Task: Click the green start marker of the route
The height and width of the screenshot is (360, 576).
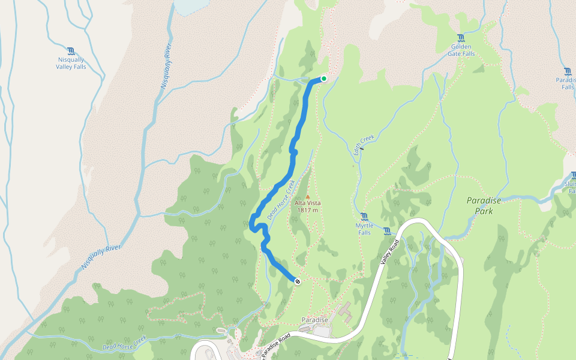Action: tap(324, 78)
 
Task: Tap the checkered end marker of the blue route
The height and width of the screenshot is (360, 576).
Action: tap(298, 280)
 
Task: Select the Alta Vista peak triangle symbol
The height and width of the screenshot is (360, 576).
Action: tap(308, 196)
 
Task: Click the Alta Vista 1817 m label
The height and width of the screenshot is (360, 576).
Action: tap(307, 206)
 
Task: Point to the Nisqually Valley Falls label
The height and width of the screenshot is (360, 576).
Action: tap(71, 63)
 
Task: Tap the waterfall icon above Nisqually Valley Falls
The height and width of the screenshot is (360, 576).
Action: tap(71, 51)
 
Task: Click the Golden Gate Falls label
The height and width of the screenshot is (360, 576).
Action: tap(461, 50)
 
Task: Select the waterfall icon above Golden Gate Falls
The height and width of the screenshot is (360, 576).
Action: tap(461, 38)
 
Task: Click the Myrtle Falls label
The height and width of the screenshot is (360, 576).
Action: tap(364, 229)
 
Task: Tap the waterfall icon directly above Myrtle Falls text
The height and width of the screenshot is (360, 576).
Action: tap(364, 217)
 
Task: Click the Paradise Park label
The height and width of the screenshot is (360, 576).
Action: tap(484, 206)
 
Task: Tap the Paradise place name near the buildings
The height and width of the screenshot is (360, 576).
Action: tap(315, 320)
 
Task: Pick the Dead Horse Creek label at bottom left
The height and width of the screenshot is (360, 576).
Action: tap(124, 343)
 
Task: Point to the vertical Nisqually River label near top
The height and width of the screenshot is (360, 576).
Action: tap(166, 66)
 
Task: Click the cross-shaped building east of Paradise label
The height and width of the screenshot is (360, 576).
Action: tap(346, 313)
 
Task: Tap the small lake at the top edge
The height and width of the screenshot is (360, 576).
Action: tap(191, 6)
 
